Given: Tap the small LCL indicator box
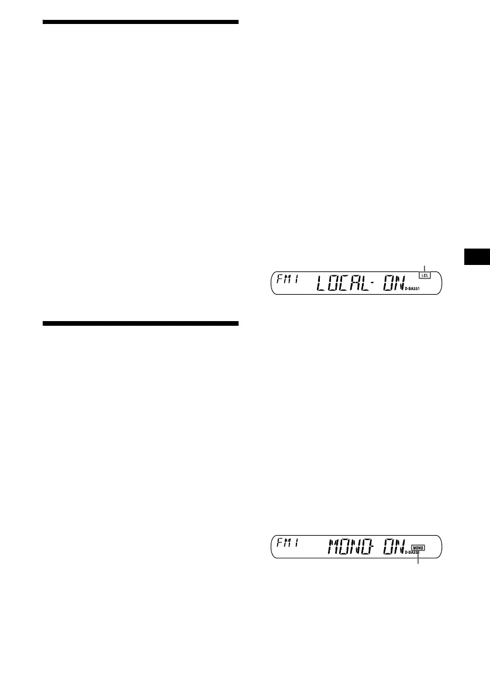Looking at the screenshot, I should point(425,275).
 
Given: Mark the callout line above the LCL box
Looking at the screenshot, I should point(425,268).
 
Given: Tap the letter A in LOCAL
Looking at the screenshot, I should point(357,284).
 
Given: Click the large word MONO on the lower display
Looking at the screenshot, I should point(352,548).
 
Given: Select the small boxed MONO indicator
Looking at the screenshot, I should point(419,548).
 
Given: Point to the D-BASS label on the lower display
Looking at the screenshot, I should point(413,553).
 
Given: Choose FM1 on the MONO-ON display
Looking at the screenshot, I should point(288,542).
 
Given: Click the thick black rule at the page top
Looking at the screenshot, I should point(141,22).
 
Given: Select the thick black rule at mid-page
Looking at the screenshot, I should point(141,323).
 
